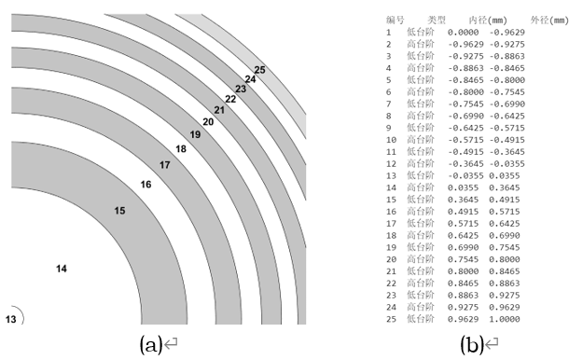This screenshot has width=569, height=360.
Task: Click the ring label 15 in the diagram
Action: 119,211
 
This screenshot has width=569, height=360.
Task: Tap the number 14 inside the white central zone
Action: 62,269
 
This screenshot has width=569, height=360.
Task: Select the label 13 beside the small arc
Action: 10,319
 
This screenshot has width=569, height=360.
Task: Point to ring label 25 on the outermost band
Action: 259,70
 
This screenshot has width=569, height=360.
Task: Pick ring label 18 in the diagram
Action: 181,149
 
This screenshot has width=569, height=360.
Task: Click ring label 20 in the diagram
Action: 208,122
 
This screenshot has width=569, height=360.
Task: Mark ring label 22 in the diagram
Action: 230,99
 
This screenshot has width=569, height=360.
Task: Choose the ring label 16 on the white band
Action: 146,185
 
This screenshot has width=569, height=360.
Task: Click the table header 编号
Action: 396,20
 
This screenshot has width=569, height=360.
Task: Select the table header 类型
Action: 437,20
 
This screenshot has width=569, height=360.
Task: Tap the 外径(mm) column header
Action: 549,21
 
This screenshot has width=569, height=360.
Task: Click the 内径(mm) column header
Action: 488,21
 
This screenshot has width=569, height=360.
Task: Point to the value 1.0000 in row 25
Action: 504,319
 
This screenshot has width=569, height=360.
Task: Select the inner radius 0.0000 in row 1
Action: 463,33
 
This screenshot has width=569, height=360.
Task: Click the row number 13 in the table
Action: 391,175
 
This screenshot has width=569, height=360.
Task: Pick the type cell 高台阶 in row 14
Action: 420,187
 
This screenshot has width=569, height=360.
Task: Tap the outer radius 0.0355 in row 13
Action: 504,175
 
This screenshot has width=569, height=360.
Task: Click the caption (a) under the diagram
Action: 151,344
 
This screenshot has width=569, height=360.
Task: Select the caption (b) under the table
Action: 472,344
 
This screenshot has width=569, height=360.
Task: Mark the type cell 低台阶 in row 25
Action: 420,319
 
